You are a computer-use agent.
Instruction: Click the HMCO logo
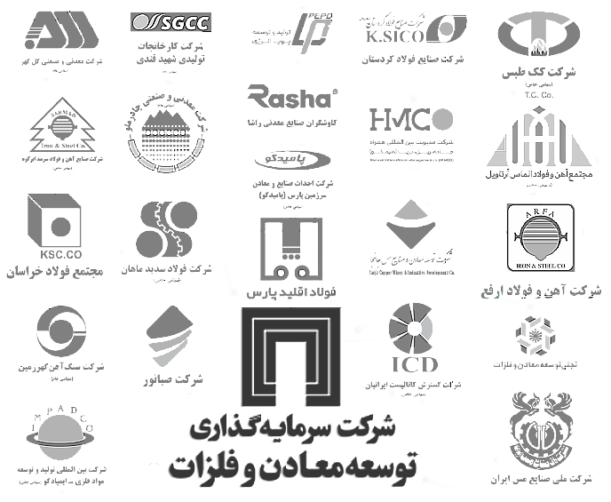[411, 118]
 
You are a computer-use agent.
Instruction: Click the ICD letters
[414, 364]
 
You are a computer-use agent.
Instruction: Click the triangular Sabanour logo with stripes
[171, 335]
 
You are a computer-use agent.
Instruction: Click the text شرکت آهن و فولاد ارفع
[543, 291]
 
